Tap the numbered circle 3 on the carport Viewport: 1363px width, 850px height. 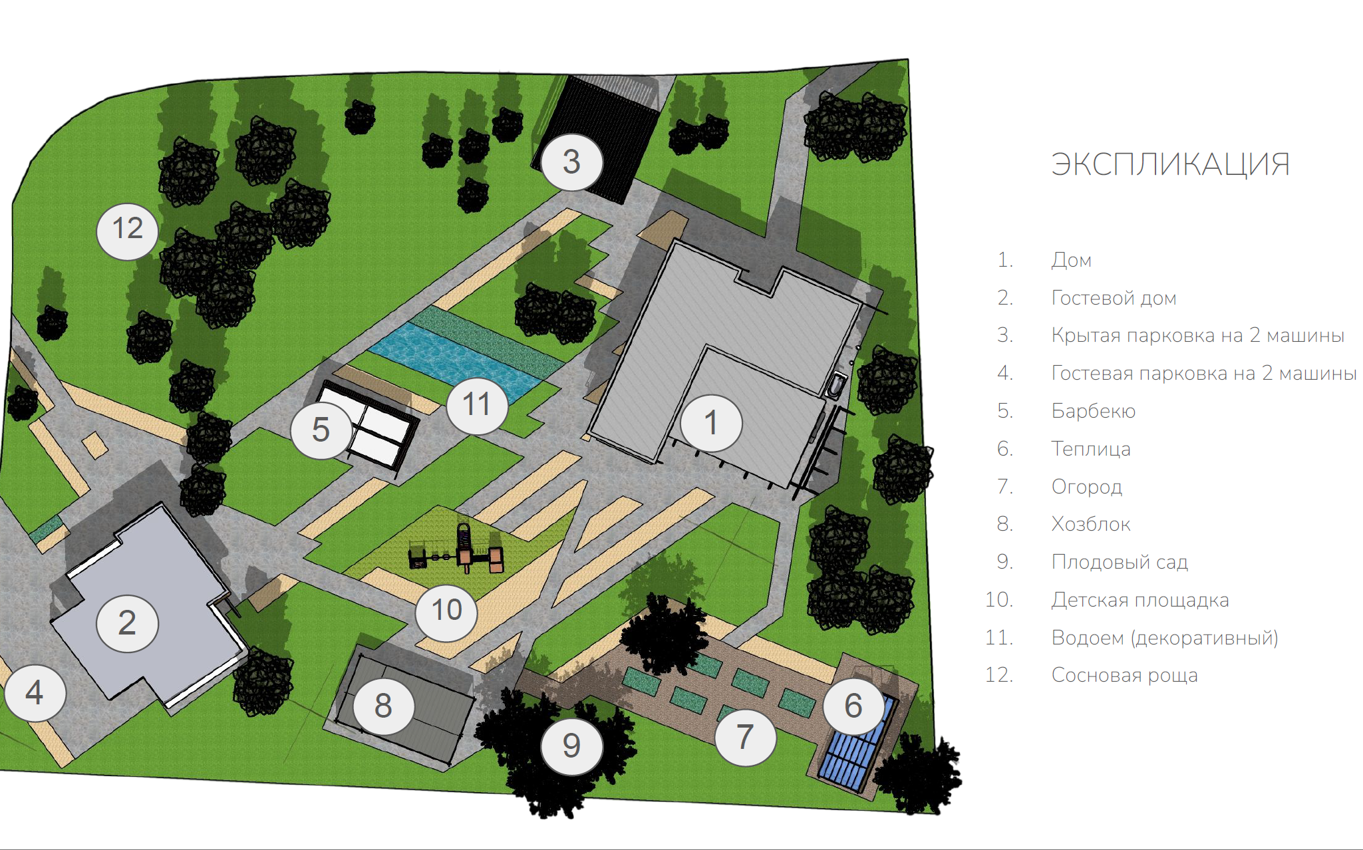[x=572, y=162]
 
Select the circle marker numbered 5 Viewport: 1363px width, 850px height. [x=321, y=430]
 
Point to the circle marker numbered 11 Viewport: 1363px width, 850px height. [x=477, y=404]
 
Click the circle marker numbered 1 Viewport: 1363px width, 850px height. [x=711, y=423]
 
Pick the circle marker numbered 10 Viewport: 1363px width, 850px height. [x=446, y=611]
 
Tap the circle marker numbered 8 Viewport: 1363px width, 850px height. [x=383, y=706]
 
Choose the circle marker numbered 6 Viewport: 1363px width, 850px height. [x=854, y=706]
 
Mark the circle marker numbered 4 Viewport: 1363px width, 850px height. [x=35, y=693]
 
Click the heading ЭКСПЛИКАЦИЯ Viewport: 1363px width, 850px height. [x=1170, y=164]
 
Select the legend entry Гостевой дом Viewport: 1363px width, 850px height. [x=1114, y=298]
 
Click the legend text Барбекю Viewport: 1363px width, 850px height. [x=1093, y=411]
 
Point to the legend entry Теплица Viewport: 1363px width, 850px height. [x=1091, y=449]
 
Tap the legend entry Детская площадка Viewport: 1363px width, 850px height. [x=1140, y=600]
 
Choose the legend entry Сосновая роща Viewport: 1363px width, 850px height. [x=1124, y=675]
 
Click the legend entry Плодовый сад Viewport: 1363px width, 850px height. [x=1120, y=562]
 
